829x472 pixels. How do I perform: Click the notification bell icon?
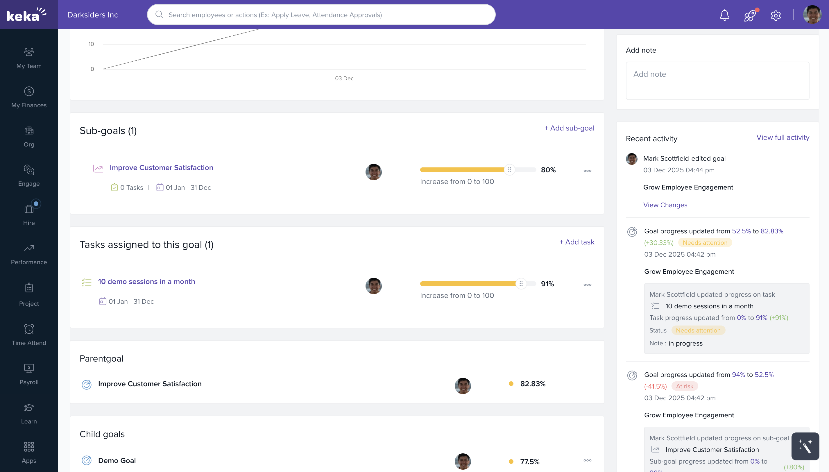(x=724, y=15)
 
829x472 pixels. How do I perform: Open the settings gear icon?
(x=776, y=15)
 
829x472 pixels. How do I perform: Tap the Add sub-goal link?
(x=569, y=128)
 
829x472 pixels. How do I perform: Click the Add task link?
(x=576, y=242)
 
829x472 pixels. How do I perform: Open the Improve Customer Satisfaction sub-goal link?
(x=161, y=168)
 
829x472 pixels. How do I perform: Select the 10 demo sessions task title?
(x=146, y=281)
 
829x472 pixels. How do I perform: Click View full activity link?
(x=783, y=137)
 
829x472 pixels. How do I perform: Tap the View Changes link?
(x=665, y=205)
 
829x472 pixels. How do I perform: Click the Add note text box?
(x=717, y=81)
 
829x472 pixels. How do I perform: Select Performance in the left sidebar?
(x=29, y=255)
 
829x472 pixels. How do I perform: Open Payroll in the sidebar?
(x=29, y=374)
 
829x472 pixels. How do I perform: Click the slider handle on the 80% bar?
(x=509, y=170)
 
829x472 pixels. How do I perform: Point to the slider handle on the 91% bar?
(x=521, y=284)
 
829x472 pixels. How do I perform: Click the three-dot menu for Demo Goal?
(x=587, y=460)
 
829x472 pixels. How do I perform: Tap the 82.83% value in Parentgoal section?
(x=532, y=384)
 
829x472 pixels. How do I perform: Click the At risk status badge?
(x=685, y=386)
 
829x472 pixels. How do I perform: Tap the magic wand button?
(x=805, y=446)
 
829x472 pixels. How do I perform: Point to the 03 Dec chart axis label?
(x=344, y=78)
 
